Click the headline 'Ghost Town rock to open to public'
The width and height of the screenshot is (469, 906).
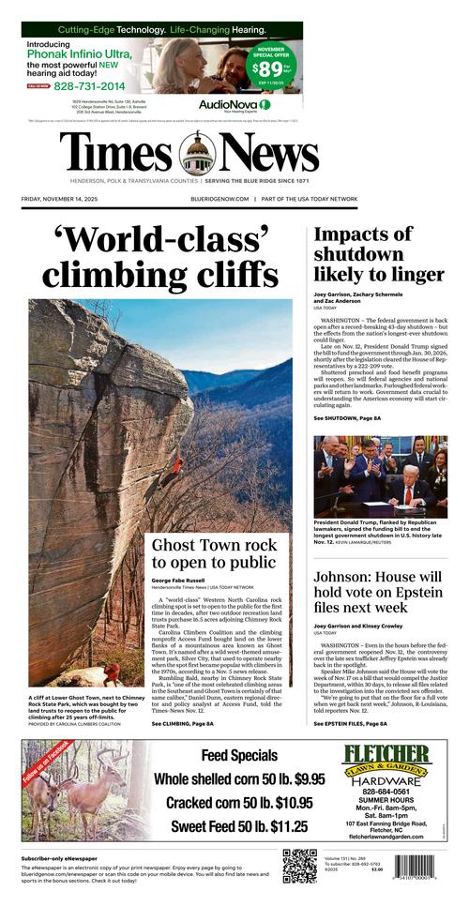tap(214, 553)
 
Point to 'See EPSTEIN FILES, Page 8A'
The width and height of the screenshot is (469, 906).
tap(350, 724)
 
